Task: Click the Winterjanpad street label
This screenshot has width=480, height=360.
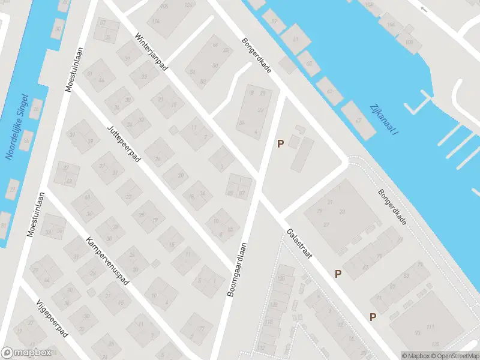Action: click(x=151, y=52)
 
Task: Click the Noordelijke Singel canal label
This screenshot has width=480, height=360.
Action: click(x=19, y=126)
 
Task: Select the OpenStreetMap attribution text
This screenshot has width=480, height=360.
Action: click(x=454, y=356)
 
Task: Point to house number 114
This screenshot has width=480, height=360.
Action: click(x=157, y=21)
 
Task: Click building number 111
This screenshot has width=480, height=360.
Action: click(x=430, y=326)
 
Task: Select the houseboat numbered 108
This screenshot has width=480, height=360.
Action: click(x=409, y=42)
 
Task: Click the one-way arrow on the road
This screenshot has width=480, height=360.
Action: click(x=424, y=9)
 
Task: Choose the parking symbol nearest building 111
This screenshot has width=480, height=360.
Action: click(x=373, y=317)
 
